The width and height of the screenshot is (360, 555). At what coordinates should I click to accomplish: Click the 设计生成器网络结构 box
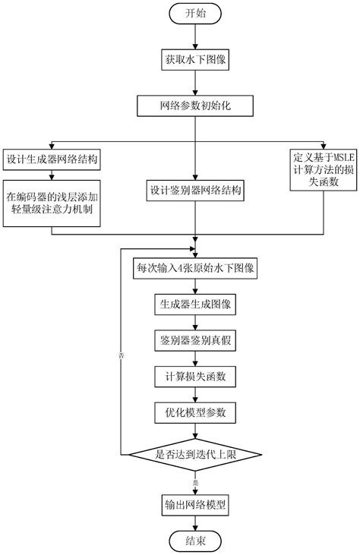52,160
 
